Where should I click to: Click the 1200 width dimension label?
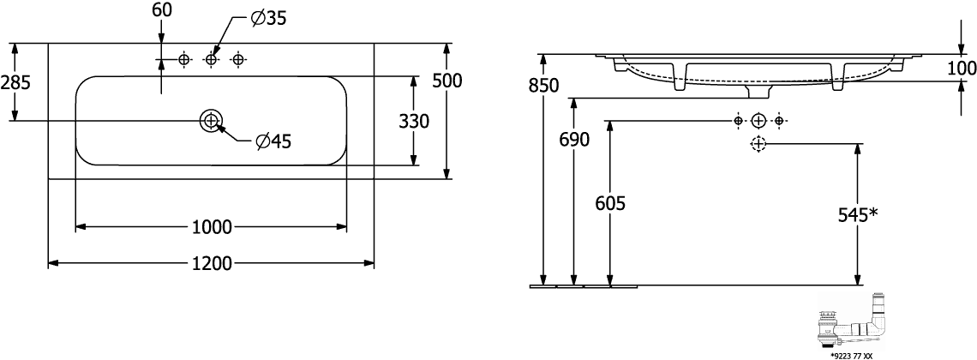211,263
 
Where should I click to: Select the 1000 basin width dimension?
211,227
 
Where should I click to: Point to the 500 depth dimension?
447,81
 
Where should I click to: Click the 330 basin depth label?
414,122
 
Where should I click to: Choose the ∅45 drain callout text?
273,141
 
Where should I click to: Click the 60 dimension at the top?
160,10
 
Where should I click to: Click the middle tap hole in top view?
212,59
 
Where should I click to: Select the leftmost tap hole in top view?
183,59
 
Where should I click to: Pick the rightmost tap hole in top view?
239,59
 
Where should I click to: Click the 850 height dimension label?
543,86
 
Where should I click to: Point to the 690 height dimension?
574,139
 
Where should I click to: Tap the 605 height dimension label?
609,203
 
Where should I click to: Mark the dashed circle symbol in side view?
758,144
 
